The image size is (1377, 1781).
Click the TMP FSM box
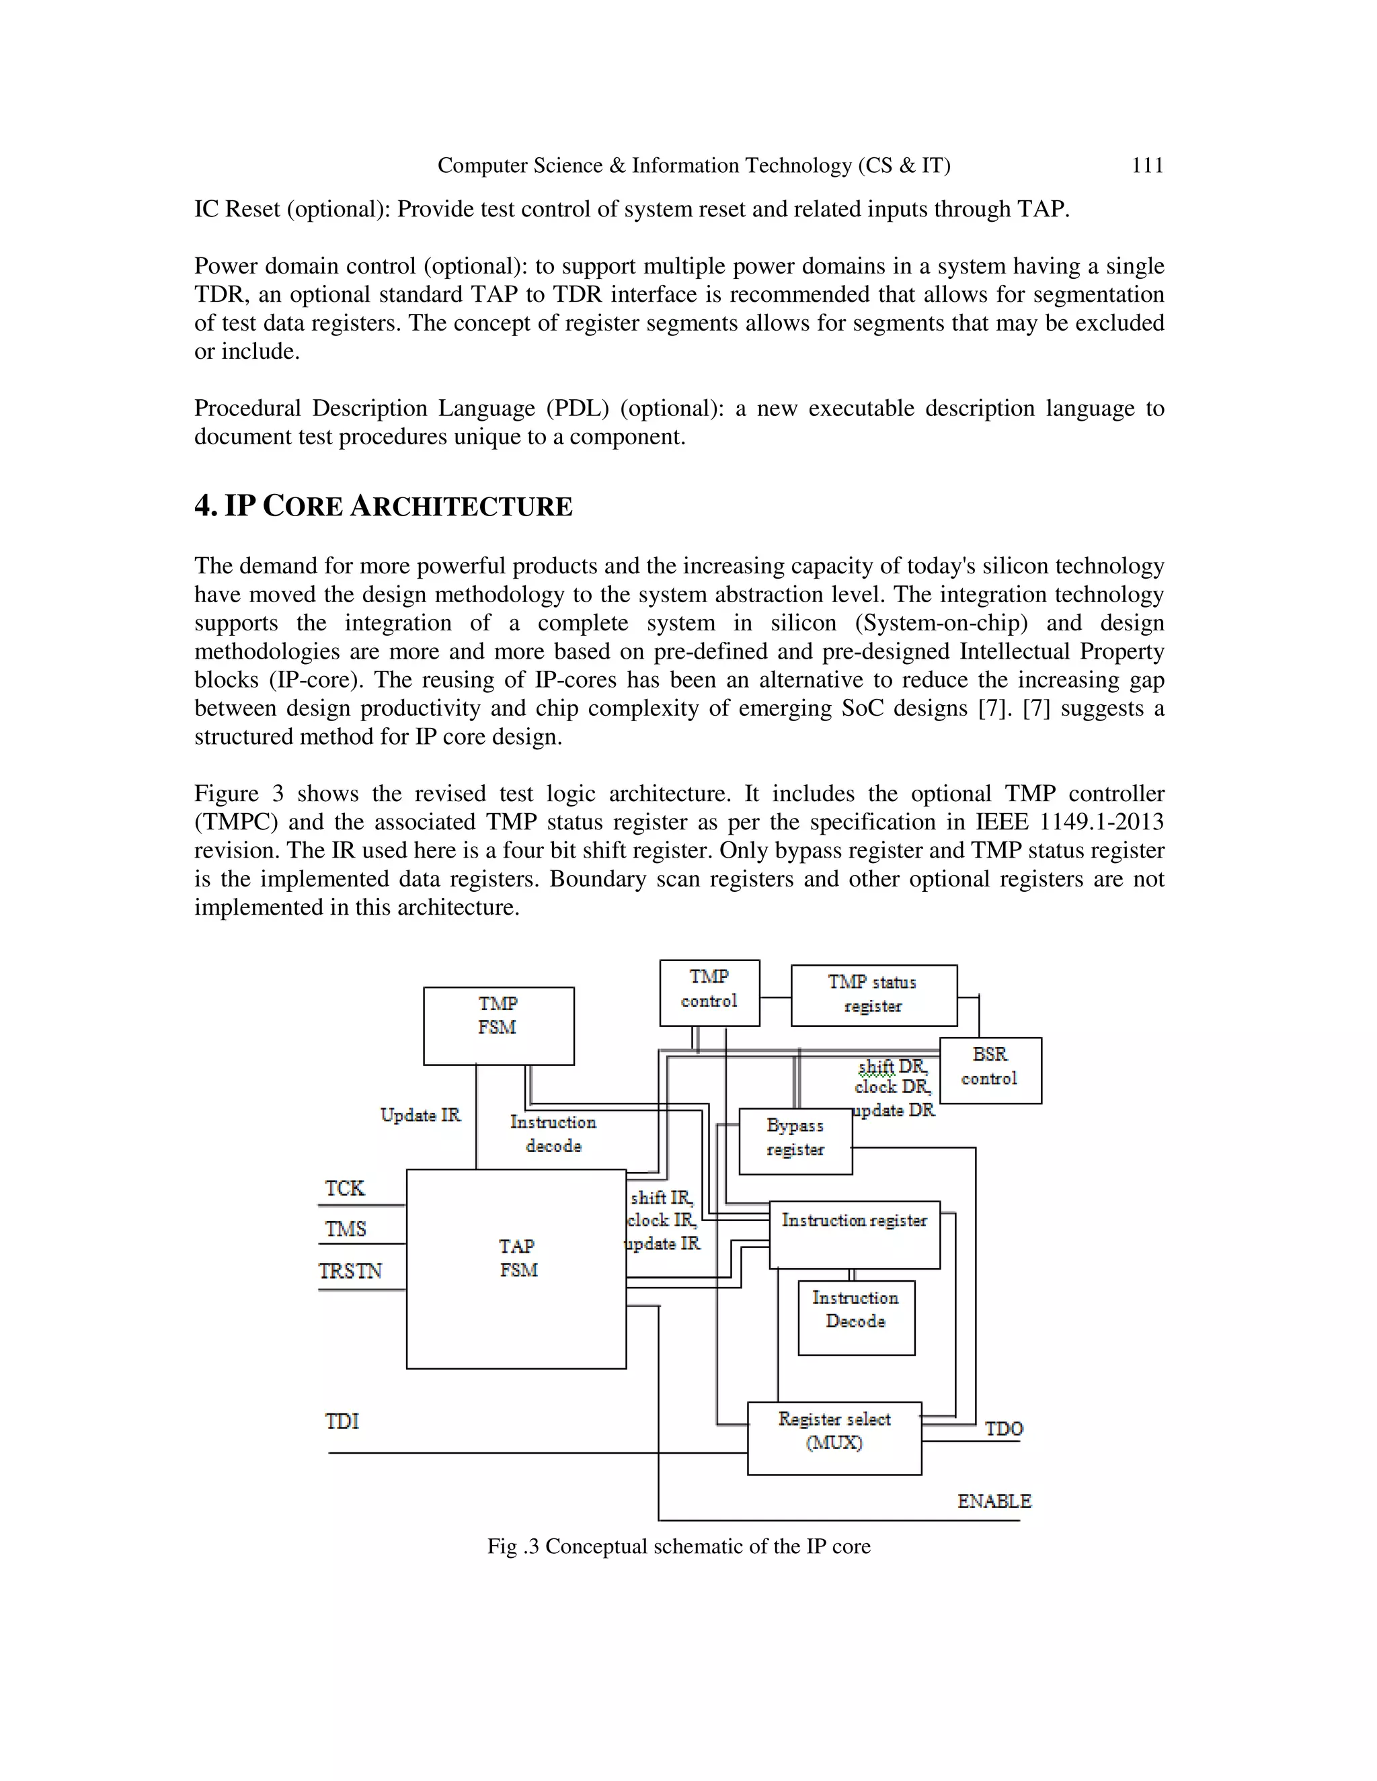[498, 1025]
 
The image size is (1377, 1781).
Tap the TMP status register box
[873, 995]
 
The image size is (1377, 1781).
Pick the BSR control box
[990, 1070]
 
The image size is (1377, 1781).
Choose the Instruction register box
[854, 1234]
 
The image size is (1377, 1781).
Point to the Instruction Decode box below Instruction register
[856, 1317]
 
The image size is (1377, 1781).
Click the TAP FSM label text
[517, 1258]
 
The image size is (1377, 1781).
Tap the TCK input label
[345, 1188]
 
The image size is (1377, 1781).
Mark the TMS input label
[346, 1229]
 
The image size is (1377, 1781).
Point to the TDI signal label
[342, 1421]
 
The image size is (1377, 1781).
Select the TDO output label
[1003, 1429]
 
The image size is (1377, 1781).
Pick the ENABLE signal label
[994, 1501]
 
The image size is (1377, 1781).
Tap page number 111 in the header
[1147, 165]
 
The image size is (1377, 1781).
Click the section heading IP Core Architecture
[383, 507]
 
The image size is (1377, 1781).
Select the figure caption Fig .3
[678, 1547]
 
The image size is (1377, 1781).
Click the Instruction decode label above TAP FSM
[553, 1134]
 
